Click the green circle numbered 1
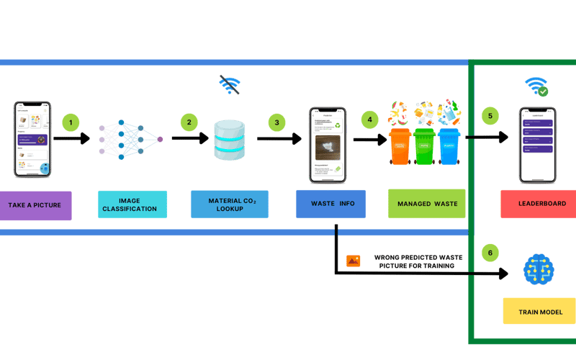click(71, 122)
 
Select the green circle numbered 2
click(189, 122)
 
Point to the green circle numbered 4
click(370, 118)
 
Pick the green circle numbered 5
click(490, 115)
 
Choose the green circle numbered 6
click(490, 253)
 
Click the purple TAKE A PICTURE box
click(35, 205)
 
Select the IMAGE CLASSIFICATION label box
click(132, 204)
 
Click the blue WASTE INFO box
click(330, 204)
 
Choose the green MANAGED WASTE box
click(426, 204)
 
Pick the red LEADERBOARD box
click(538, 204)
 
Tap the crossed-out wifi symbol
click(230, 85)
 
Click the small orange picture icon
click(354, 261)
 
